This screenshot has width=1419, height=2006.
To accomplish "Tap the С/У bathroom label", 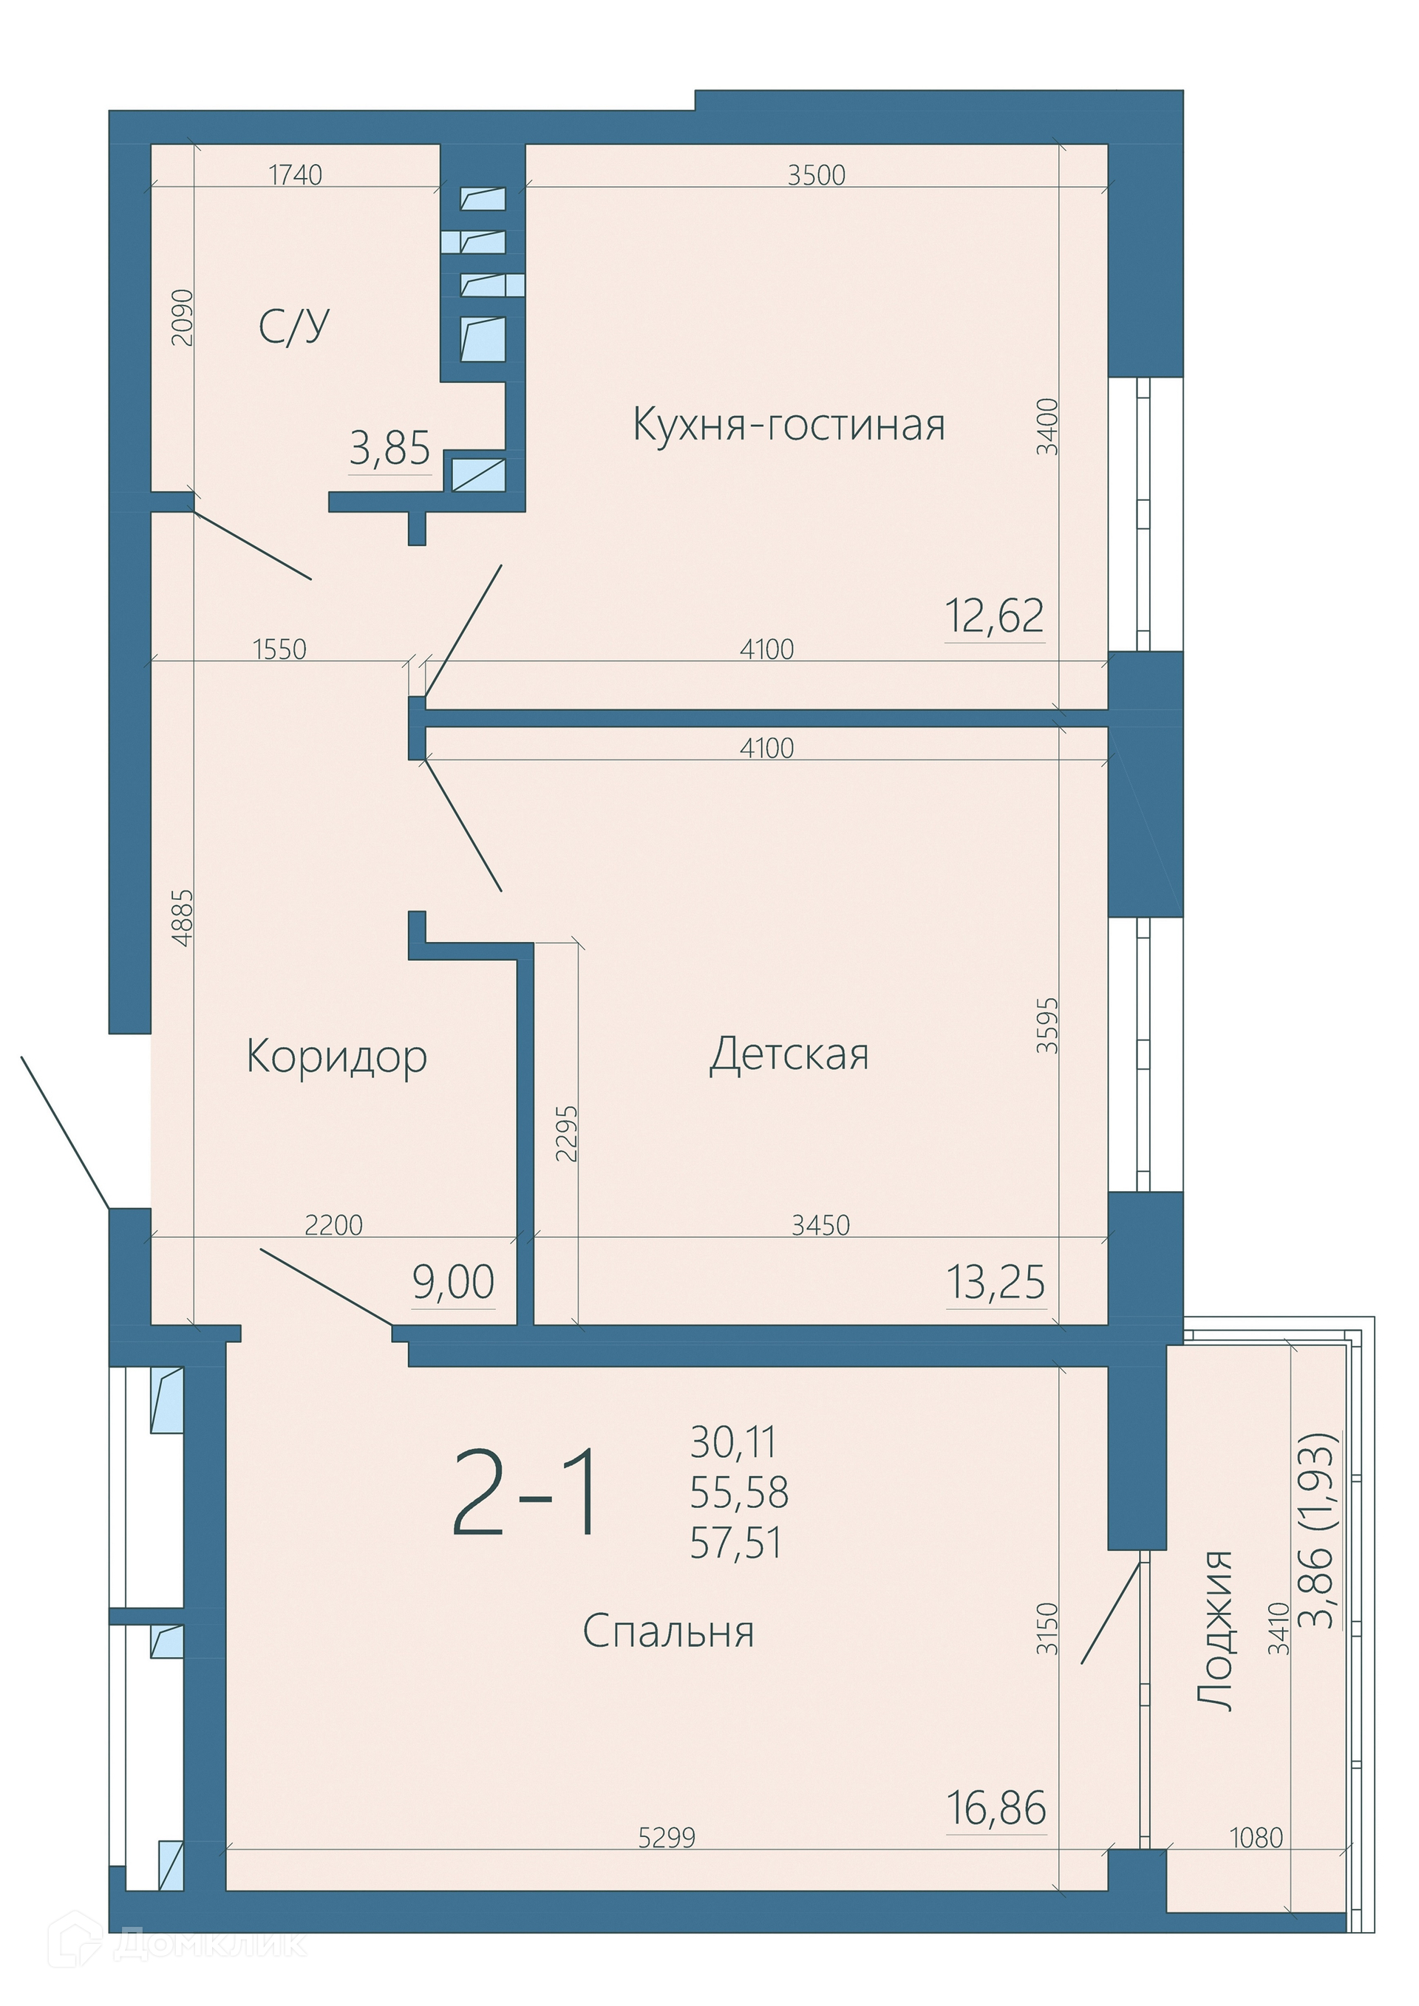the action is (293, 326).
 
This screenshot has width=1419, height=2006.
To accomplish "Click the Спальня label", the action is (668, 1631).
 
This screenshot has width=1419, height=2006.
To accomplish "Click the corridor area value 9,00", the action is (454, 1282).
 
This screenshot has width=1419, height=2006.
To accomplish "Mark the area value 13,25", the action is (996, 1282).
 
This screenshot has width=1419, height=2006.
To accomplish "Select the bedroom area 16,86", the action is (997, 1808).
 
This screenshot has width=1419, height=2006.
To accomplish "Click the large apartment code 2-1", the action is (527, 1492).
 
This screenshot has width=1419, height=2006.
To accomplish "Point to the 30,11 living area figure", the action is (733, 1442).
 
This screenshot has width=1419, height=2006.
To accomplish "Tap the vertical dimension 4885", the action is (182, 918).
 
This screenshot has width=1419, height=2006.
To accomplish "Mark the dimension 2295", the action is (566, 1134).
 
